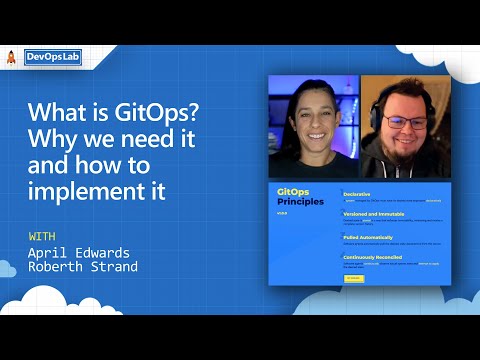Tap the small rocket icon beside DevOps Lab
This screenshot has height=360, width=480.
coord(11,58)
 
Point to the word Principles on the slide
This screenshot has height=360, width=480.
coord(301,201)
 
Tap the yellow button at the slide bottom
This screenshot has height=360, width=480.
coord(352,279)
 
